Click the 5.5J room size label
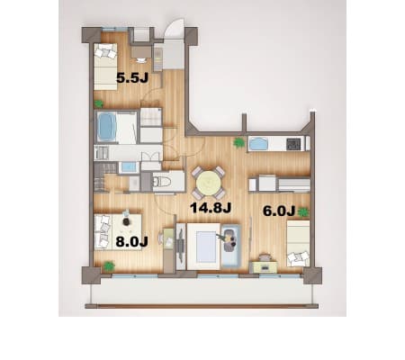click(132, 78)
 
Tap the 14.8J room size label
click(211, 208)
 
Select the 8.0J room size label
click(131, 241)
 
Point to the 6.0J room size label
click(279, 211)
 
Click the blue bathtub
click(107, 126)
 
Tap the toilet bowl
click(162, 181)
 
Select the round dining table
click(209, 183)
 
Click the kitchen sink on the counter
click(257, 143)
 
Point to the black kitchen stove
click(293, 144)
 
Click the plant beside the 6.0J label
click(303, 212)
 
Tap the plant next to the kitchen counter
click(238, 143)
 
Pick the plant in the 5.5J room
click(98, 103)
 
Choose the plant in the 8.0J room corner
click(109, 265)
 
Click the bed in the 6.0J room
click(298, 243)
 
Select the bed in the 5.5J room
click(105, 67)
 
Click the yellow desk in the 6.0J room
click(265, 266)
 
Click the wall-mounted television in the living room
click(180, 246)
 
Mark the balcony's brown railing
click(202, 306)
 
